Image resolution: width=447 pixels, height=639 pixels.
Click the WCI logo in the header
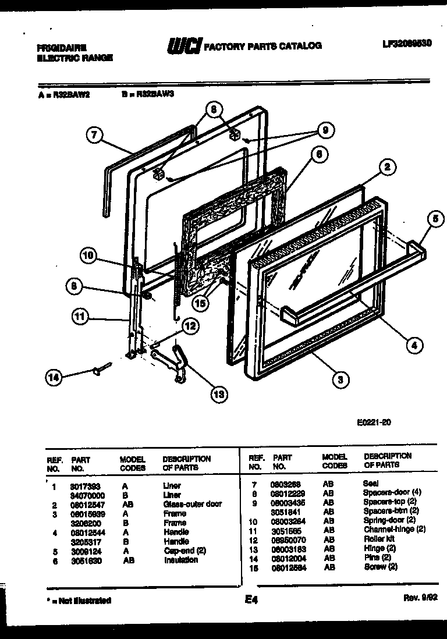[183, 45]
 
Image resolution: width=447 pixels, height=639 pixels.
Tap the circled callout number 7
[94, 136]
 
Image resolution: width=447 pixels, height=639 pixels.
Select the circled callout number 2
[387, 168]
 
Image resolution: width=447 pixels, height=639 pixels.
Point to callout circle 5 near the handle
[435, 219]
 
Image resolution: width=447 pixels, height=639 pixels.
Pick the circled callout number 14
[55, 378]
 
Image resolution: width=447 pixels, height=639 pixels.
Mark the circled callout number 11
[80, 318]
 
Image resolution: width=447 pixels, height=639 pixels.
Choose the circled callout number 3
[340, 379]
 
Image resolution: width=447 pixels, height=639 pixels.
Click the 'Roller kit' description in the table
[379, 539]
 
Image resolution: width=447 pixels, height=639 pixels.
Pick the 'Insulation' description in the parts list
[180, 560]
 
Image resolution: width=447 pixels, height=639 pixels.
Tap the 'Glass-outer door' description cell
[192, 504]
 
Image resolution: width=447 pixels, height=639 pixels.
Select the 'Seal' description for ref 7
[371, 483]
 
